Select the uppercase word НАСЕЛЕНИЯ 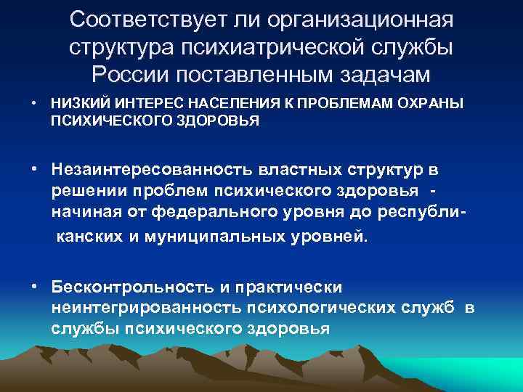coord(203,104)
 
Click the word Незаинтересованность coord(152,170)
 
